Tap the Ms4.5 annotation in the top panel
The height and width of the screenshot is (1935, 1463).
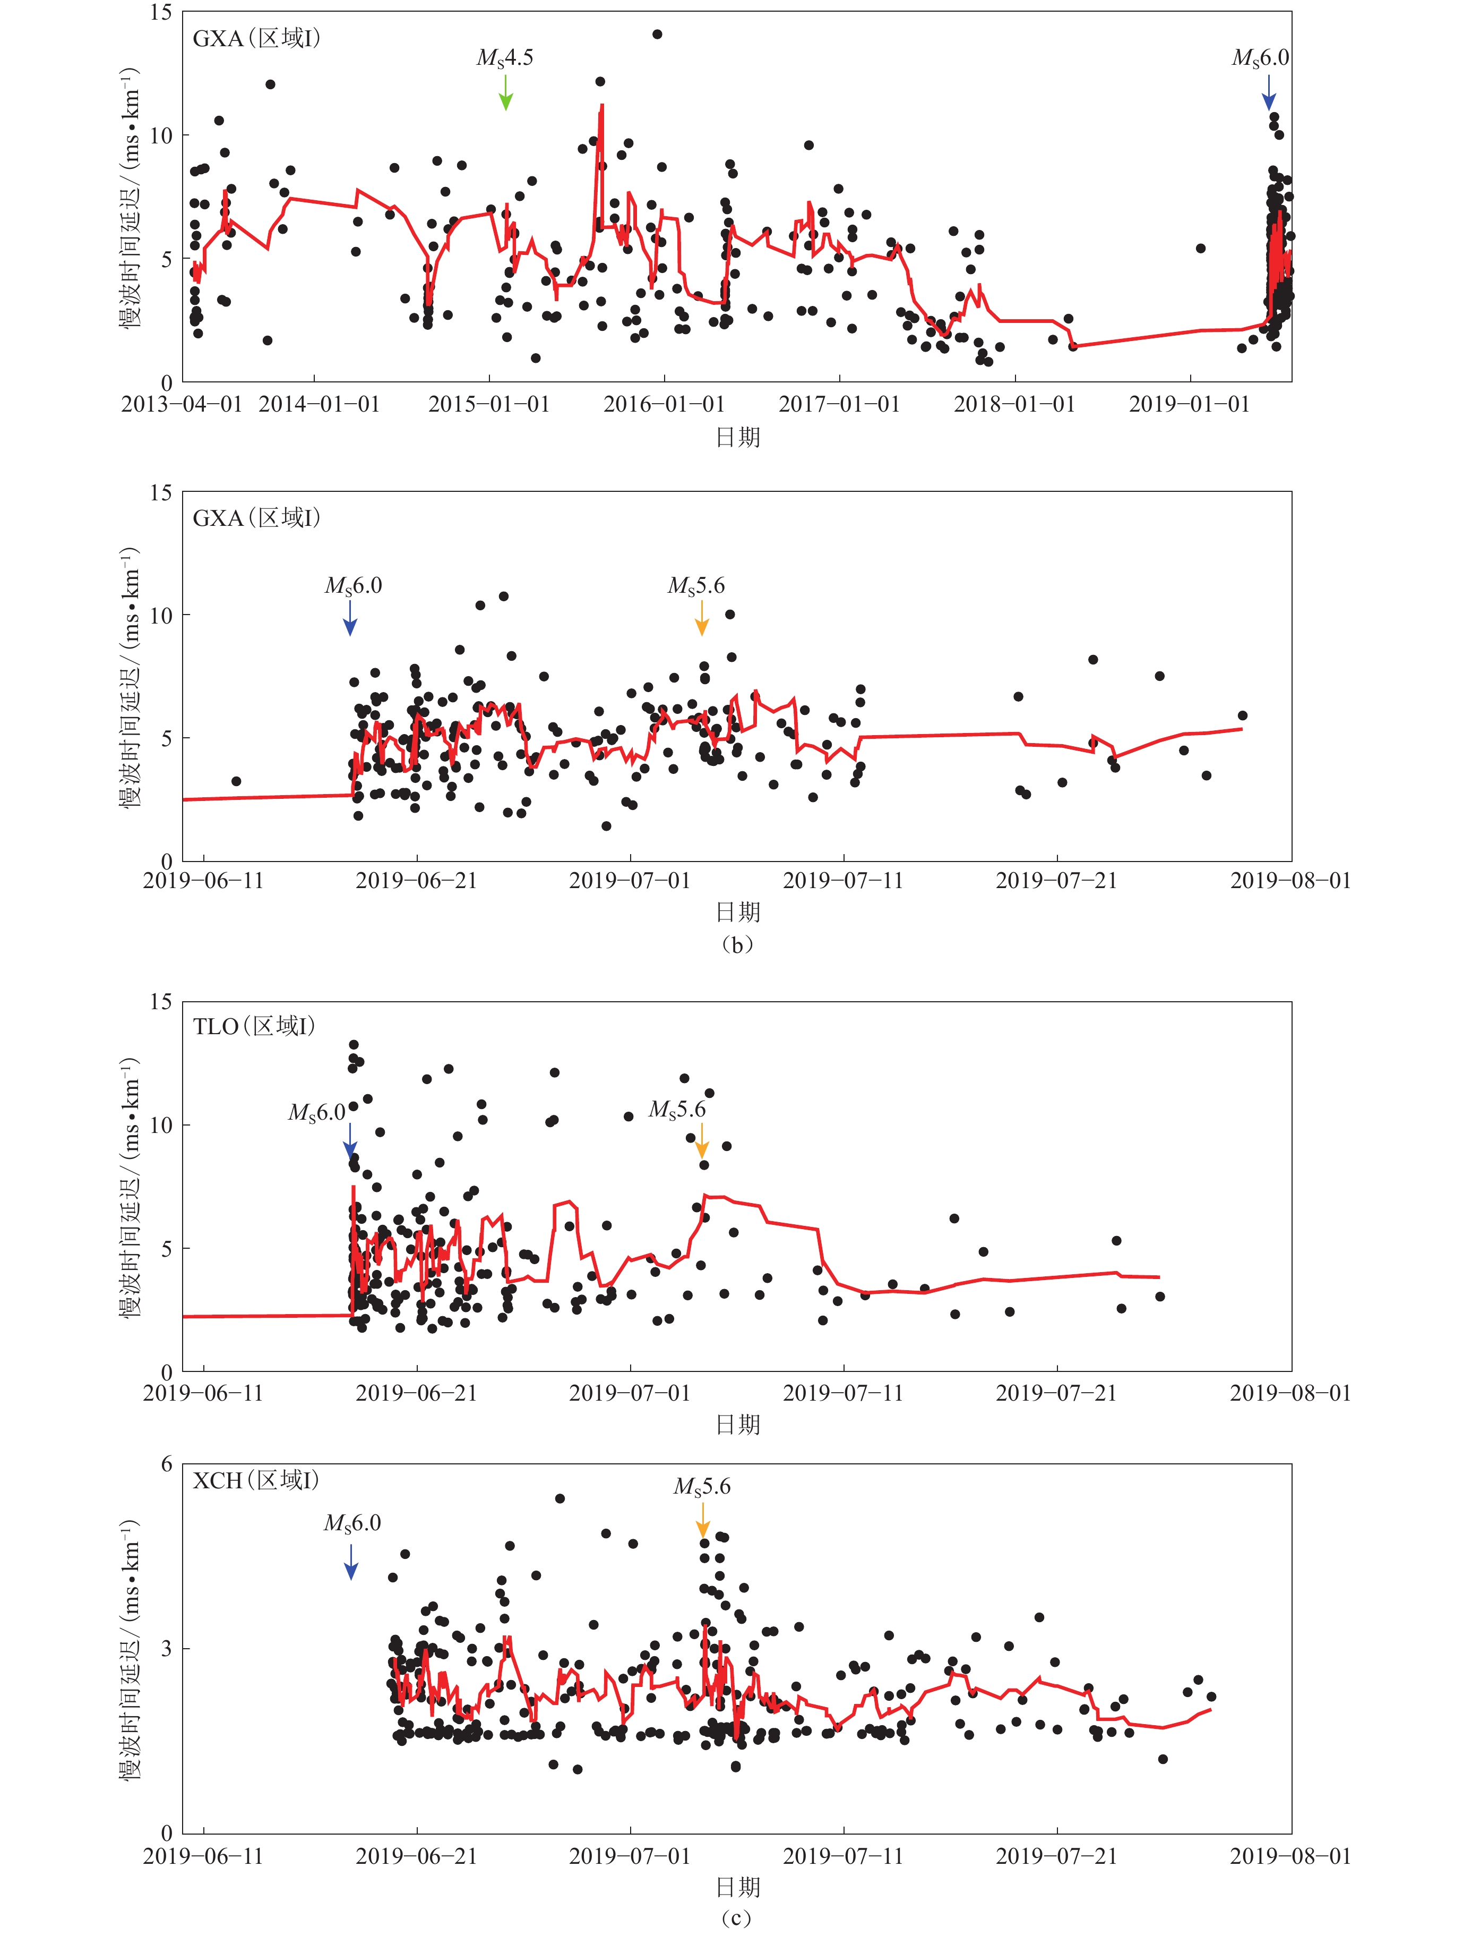click(505, 58)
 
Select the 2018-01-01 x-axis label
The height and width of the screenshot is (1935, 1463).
click(1014, 404)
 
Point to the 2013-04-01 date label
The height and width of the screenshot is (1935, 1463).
click(182, 404)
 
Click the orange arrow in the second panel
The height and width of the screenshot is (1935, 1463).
click(701, 618)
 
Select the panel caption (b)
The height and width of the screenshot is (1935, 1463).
click(737, 944)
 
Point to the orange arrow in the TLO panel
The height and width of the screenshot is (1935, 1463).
click(701, 1141)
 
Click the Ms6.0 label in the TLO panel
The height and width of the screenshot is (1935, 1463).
click(317, 1113)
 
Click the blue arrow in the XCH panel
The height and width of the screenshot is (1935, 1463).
click(351, 1562)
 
